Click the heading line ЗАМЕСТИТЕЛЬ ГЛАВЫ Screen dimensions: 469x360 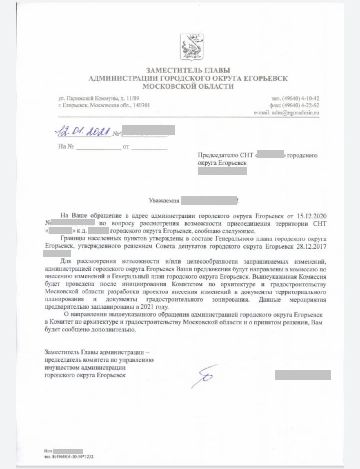coord(188,70)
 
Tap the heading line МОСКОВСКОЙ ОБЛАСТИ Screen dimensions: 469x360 coord(188,86)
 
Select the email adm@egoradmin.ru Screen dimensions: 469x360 coord(295,113)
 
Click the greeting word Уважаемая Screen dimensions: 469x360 coord(164,200)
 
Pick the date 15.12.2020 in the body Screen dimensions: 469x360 coord(312,216)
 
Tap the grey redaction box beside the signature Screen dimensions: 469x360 coord(303,375)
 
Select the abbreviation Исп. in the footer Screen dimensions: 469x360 coord(48,451)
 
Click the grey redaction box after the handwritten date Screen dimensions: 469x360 coord(148,130)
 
